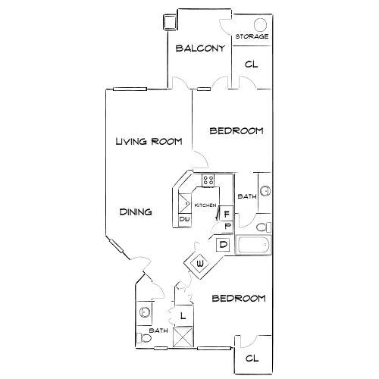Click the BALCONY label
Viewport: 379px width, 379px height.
[x=199, y=49]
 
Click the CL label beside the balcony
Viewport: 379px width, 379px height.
[x=251, y=65]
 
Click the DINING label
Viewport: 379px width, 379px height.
[x=136, y=212]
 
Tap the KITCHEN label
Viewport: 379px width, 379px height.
[x=205, y=206]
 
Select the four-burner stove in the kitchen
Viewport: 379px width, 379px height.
[x=208, y=181]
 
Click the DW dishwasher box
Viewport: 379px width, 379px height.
[x=184, y=220]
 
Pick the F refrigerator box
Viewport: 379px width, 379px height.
[x=227, y=215]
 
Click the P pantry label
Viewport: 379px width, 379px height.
[x=227, y=226]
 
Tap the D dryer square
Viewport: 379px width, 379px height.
[x=224, y=244]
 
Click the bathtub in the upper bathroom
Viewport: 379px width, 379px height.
[x=253, y=246]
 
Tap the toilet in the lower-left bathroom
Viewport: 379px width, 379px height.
[x=142, y=337]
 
